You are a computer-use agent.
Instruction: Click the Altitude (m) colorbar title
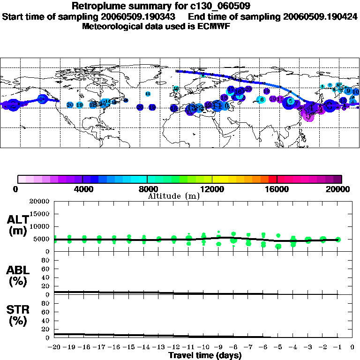(x=173, y=196)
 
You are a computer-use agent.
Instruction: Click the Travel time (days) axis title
(x=205, y=356)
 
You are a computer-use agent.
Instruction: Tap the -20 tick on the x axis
(x=54, y=347)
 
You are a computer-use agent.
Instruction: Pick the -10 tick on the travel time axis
(x=203, y=347)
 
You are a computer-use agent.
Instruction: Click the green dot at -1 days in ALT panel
(x=338, y=240)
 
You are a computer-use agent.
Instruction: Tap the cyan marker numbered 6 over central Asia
(x=262, y=99)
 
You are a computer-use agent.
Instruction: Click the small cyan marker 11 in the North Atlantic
(x=148, y=94)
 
